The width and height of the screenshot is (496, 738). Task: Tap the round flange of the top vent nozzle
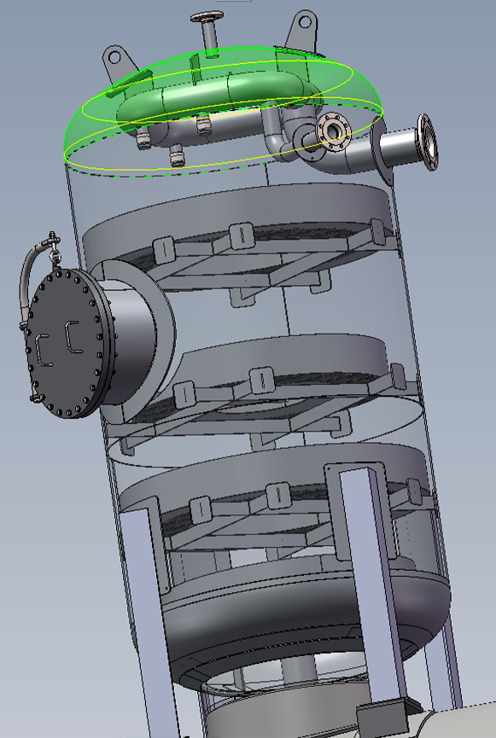[205, 17]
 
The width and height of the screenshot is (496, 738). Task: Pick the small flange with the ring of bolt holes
[333, 132]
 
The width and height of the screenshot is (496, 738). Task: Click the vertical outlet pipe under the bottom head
[295, 674]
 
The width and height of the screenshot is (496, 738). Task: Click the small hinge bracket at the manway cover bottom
[35, 398]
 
